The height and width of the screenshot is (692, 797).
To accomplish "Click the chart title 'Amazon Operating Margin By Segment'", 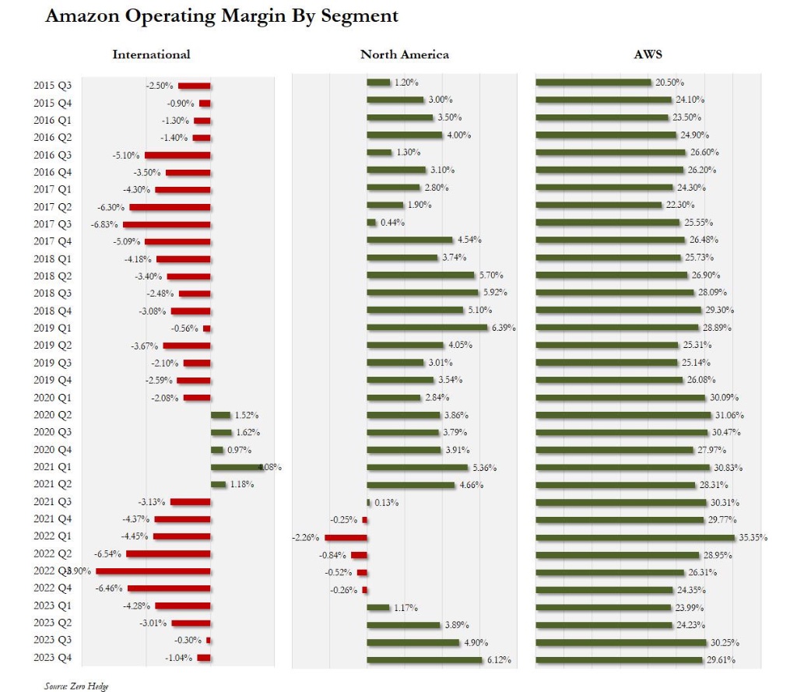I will click(222, 16).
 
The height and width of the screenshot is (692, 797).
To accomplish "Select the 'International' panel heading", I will click(152, 54).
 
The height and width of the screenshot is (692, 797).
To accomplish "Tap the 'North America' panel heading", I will click(405, 54).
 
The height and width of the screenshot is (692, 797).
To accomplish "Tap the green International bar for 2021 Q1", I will click(237, 468).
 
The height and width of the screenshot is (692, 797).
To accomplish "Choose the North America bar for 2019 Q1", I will click(427, 328).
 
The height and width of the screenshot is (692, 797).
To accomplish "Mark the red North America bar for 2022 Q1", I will click(346, 537).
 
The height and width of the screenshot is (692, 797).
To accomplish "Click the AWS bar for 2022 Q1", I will click(635, 537).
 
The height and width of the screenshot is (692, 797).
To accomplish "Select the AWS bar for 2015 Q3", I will click(593, 83).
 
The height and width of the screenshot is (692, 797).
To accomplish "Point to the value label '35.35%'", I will click(752, 537).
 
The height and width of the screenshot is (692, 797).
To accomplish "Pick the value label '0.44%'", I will click(391, 223).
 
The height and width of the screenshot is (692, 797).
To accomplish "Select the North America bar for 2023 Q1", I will click(378, 607).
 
